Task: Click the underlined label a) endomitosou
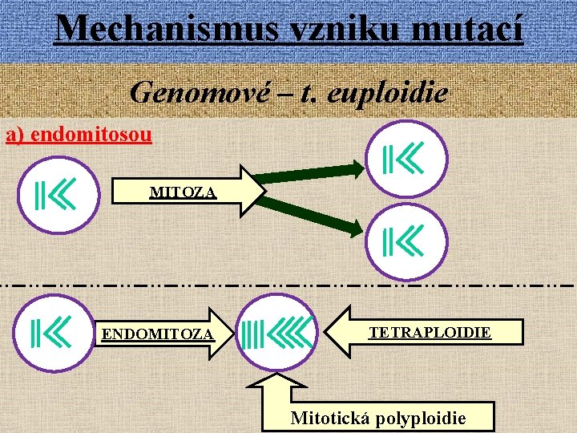[x=79, y=134]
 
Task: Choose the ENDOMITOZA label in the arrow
[x=157, y=333]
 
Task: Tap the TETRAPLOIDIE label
[x=430, y=331]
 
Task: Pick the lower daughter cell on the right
[x=403, y=240]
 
